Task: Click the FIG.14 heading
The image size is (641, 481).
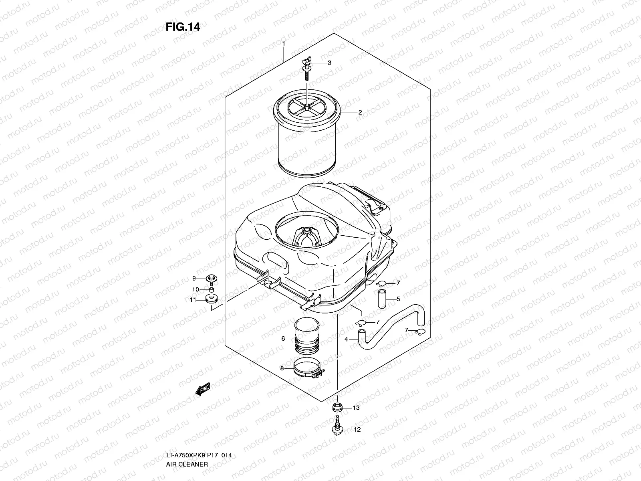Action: pyautogui.click(x=183, y=27)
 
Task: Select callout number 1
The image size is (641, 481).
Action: pyautogui.click(x=284, y=43)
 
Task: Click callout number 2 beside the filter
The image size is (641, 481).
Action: pyautogui.click(x=360, y=113)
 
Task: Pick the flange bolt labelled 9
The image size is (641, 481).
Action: pyautogui.click(x=210, y=278)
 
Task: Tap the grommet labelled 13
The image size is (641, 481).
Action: pyautogui.click(x=338, y=408)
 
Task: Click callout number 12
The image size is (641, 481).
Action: pyautogui.click(x=357, y=430)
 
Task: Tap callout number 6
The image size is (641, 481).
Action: pyautogui.click(x=283, y=339)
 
